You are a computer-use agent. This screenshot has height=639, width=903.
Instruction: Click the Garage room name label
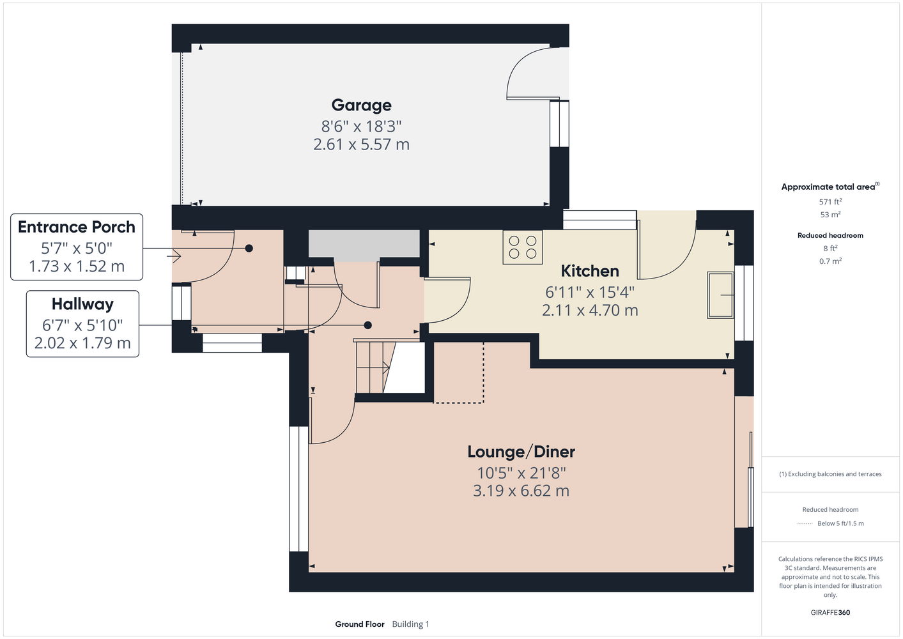click(361, 105)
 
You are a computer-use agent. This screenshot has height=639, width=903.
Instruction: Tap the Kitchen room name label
click(590, 271)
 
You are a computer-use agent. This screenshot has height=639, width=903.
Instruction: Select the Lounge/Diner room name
click(521, 452)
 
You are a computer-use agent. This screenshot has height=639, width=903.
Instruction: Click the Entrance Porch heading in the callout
click(77, 227)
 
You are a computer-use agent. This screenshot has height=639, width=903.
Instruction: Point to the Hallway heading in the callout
click(82, 304)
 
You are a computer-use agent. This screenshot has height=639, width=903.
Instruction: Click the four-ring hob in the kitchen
click(523, 247)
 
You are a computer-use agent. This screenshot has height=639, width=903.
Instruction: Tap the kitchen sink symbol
click(720, 295)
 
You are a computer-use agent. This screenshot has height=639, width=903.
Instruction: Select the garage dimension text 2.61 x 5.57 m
click(361, 144)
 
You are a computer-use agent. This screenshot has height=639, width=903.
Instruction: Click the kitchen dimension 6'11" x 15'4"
click(590, 292)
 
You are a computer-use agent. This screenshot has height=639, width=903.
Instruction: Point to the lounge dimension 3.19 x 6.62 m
click(521, 491)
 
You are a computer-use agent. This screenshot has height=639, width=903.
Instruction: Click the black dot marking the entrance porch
click(249, 249)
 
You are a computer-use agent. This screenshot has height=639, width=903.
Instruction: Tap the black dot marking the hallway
click(367, 325)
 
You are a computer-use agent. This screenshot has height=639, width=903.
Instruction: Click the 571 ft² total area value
click(830, 201)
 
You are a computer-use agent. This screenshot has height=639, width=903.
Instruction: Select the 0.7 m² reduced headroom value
click(830, 261)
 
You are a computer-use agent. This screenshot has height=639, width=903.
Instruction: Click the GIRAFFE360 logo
click(830, 612)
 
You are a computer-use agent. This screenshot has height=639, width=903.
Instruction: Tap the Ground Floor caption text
click(360, 624)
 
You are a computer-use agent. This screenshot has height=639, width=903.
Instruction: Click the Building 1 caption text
click(410, 624)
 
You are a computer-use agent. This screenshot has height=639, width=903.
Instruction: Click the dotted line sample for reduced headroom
click(805, 524)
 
